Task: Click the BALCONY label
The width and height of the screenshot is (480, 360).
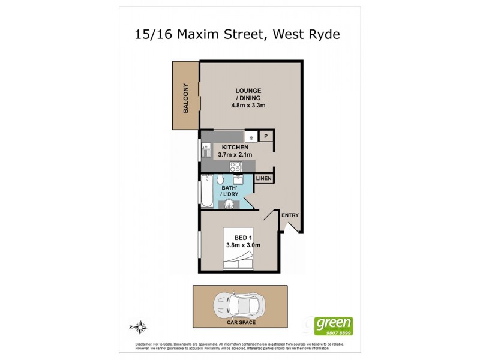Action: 186,98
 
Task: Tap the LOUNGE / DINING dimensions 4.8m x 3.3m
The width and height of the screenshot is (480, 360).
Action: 248,106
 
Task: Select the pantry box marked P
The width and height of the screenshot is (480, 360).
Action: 266,137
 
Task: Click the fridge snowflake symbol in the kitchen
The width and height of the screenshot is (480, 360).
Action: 251,137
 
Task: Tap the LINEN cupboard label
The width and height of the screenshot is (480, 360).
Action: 264,179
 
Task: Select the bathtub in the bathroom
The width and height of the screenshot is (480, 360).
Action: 206,190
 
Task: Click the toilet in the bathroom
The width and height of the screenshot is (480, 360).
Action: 220,180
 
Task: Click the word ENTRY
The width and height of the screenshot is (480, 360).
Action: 290,215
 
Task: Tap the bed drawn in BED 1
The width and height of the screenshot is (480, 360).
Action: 239,258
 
